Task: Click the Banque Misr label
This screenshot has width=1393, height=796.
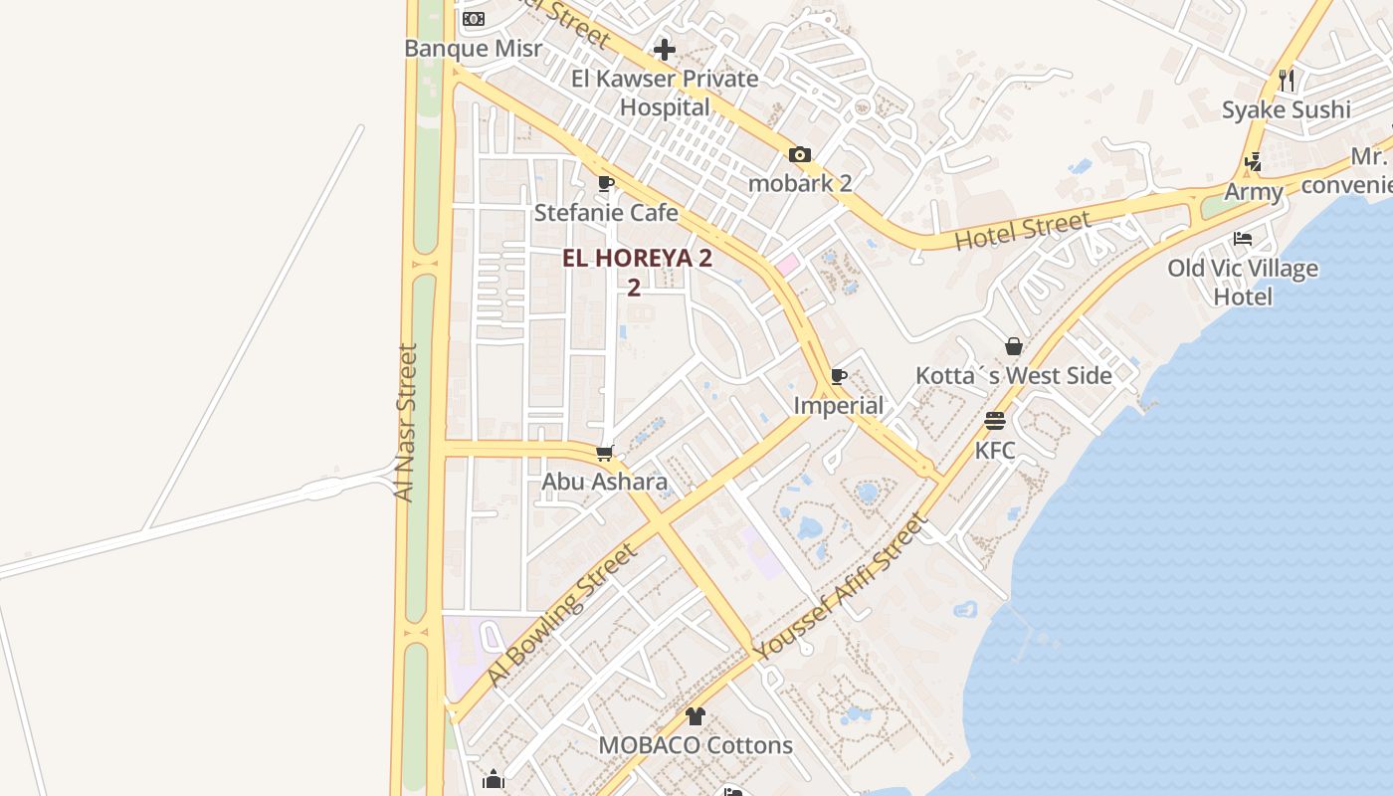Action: point(474,48)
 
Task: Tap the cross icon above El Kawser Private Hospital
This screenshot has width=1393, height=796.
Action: point(665,50)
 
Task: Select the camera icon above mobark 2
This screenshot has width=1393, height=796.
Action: point(800,154)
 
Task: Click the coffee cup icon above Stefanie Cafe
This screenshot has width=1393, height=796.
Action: point(606,183)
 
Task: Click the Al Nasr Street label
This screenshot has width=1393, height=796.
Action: point(404,423)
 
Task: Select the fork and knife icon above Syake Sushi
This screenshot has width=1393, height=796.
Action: point(1287,80)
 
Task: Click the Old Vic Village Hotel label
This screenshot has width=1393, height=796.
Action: point(1243,282)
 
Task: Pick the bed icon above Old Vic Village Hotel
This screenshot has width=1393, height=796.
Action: point(1243,239)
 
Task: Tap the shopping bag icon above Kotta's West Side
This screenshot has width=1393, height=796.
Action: point(1014,346)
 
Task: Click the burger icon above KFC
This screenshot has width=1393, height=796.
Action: point(995,420)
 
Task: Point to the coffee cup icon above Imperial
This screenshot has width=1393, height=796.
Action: point(839,376)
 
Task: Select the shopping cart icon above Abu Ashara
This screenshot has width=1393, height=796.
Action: point(605,453)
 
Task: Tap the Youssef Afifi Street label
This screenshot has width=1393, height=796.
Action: point(841,587)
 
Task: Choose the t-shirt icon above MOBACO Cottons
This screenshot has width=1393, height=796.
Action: point(696,715)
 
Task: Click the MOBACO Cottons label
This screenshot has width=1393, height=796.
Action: point(696,745)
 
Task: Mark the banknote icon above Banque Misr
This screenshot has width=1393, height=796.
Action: point(474,19)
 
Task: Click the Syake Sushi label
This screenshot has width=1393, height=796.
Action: point(1287,109)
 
